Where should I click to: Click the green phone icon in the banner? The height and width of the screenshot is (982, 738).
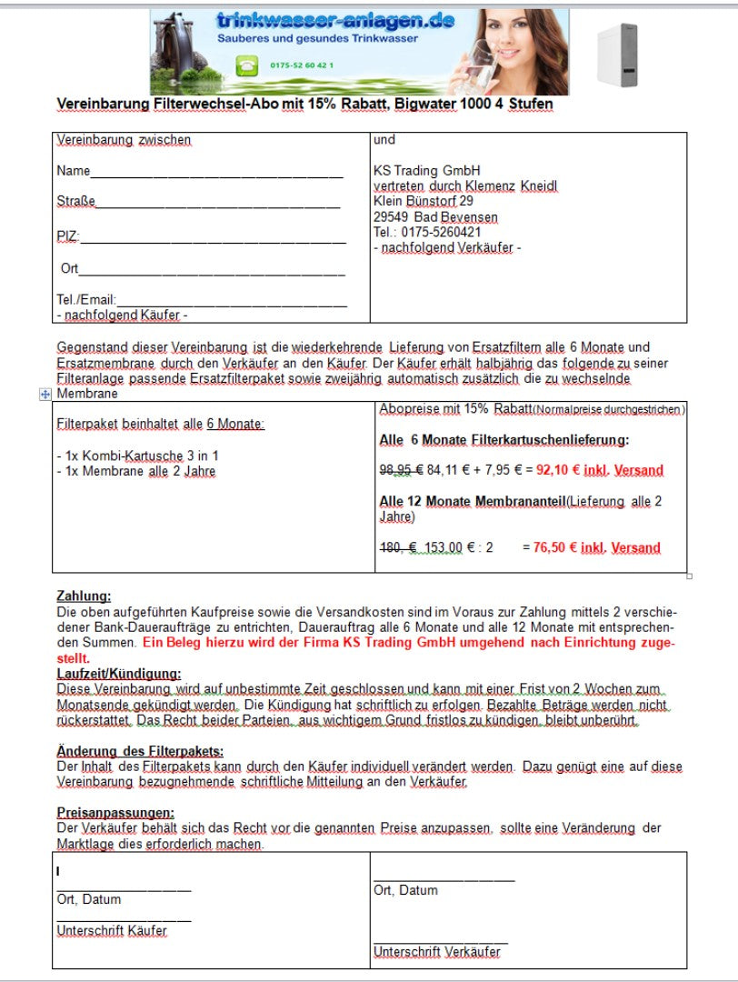(245, 65)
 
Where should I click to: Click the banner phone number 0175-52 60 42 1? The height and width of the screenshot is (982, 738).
(302, 65)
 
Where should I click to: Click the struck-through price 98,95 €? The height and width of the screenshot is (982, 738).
(400, 470)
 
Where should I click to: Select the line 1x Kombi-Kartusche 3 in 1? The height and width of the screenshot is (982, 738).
(137, 455)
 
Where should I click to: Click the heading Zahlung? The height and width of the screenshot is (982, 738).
(84, 596)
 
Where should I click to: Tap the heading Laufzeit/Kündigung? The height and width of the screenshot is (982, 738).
(119, 674)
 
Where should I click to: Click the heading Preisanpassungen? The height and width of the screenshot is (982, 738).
(115, 813)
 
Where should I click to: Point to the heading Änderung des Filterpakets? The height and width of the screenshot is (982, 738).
(140, 751)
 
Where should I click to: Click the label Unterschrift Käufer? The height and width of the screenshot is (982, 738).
(112, 931)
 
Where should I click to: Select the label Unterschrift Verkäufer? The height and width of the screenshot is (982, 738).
(436, 952)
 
